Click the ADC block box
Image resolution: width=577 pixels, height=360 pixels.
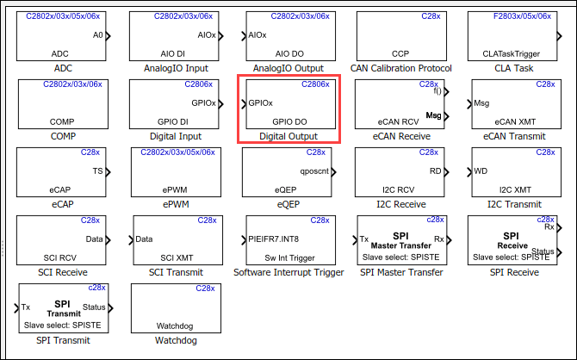(x=61, y=36)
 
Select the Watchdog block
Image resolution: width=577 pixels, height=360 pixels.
(x=176, y=308)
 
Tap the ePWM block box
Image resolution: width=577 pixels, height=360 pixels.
(x=176, y=172)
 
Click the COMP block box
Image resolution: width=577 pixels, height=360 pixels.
(x=63, y=104)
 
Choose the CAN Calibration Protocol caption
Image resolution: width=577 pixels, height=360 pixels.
(x=401, y=68)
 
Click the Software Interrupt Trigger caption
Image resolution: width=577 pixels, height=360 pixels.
(x=288, y=272)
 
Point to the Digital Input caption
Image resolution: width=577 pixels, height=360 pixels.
(x=176, y=137)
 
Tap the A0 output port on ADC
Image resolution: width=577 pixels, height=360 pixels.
(x=109, y=36)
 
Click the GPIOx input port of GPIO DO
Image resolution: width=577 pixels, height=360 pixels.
(x=244, y=104)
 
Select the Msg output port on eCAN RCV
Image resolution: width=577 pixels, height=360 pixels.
(x=447, y=116)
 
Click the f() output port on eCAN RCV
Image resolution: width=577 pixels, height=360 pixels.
(x=447, y=91)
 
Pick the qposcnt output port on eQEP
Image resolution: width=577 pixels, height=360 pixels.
(x=334, y=172)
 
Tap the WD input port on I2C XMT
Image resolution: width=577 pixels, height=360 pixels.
(x=469, y=172)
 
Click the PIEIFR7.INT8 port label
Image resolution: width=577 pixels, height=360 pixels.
(x=273, y=239)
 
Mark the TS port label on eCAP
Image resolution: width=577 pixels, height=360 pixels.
(x=97, y=171)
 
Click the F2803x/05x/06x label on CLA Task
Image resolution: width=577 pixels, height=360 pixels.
(x=522, y=16)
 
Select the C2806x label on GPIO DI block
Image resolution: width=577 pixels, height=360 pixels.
(x=199, y=84)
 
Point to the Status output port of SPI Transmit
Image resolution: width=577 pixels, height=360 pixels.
(x=111, y=308)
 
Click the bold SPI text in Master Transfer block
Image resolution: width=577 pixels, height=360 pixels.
(x=400, y=236)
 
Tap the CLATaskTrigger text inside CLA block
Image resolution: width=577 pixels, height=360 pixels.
(x=512, y=54)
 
